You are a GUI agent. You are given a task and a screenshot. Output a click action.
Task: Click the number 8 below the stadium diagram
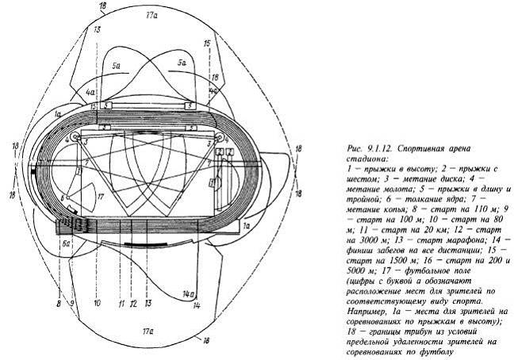(58, 302)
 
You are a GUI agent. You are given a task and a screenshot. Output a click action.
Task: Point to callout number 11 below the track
(120, 302)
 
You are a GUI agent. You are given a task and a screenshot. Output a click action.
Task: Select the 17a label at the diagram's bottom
(146, 327)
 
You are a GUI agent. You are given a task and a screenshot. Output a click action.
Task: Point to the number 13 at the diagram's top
(97, 29)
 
